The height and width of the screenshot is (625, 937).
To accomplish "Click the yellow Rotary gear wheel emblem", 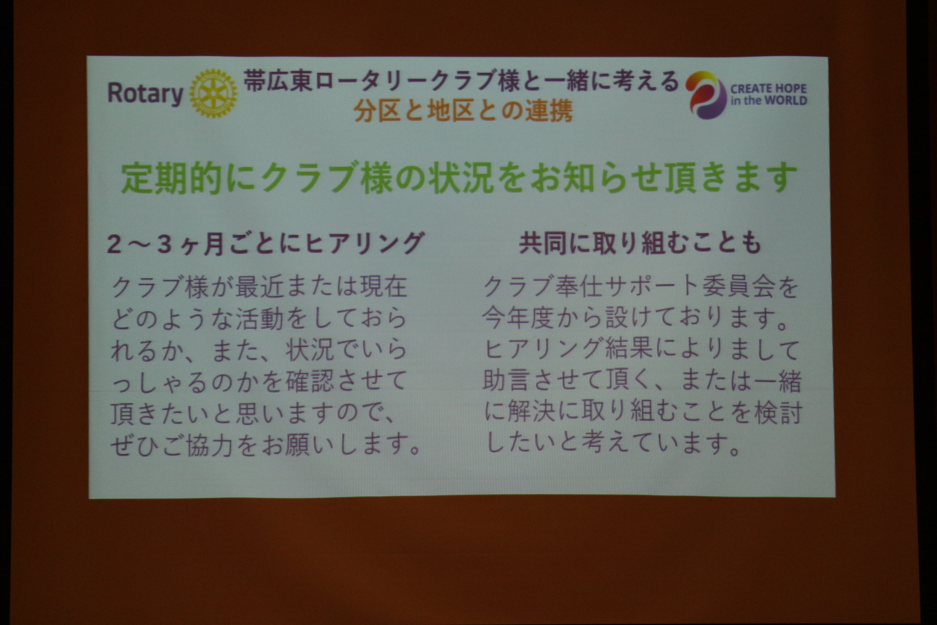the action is pyautogui.click(x=213, y=93).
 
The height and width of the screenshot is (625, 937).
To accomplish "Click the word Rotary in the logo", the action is pyautogui.click(x=145, y=94).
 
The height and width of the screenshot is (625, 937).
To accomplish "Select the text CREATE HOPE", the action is pyautogui.click(x=768, y=89).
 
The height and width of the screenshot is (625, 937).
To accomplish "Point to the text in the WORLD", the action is pyautogui.click(x=768, y=101).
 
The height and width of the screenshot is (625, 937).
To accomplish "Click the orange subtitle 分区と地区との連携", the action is pyautogui.click(x=463, y=111).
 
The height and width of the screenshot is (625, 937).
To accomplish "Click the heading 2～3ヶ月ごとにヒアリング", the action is pyautogui.click(x=265, y=243).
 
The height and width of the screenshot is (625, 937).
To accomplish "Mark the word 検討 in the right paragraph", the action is pyautogui.click(x=778, y=413).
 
